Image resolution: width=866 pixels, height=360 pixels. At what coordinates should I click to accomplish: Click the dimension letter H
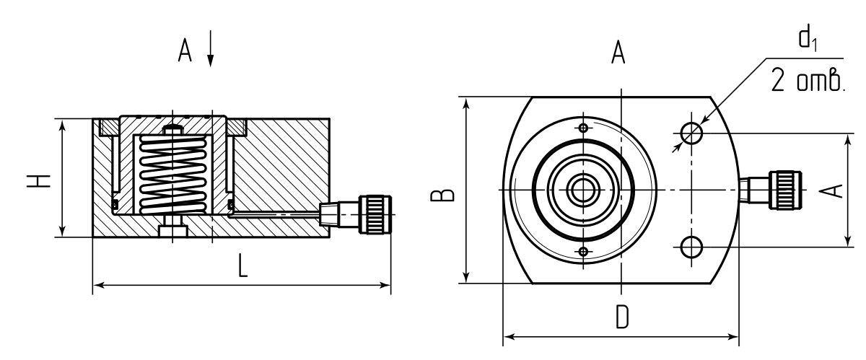[x=39, y=181]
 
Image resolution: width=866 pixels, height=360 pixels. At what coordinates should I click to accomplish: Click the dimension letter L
[x=242, y=265]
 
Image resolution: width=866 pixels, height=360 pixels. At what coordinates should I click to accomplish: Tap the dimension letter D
[x=622, y=317]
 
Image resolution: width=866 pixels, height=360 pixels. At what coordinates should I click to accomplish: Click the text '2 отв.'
[x=808, y=80]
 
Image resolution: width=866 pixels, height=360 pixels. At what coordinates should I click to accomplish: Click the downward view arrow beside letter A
[x=210, y=48]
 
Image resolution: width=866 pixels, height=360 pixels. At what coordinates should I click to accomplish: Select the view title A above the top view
[x=618, y=52]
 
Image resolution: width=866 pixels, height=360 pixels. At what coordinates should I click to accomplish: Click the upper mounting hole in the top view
[x=691, y=133]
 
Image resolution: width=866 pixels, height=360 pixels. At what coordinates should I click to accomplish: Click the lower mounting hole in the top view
[x=691, y=247]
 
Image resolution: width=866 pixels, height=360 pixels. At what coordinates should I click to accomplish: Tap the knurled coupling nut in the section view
[x=375, y=214]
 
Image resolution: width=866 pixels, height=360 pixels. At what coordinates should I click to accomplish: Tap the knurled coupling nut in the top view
[x=785, y=190]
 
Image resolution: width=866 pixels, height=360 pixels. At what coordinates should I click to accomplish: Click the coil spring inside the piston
[x=172, y=175]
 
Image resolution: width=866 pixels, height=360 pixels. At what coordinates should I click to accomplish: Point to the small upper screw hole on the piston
[x=583, y=128]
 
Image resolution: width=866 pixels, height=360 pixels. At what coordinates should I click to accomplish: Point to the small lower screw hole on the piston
[x=583, y=252]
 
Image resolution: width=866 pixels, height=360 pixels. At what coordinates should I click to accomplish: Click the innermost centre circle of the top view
[x=583, y=190]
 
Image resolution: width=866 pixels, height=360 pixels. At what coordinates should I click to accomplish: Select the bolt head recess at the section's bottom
[x=172, y=232]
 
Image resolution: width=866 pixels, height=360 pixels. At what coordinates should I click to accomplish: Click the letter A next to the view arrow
[x=185, y=51]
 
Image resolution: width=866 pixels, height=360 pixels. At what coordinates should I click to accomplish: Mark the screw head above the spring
[x=172, y=130]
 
